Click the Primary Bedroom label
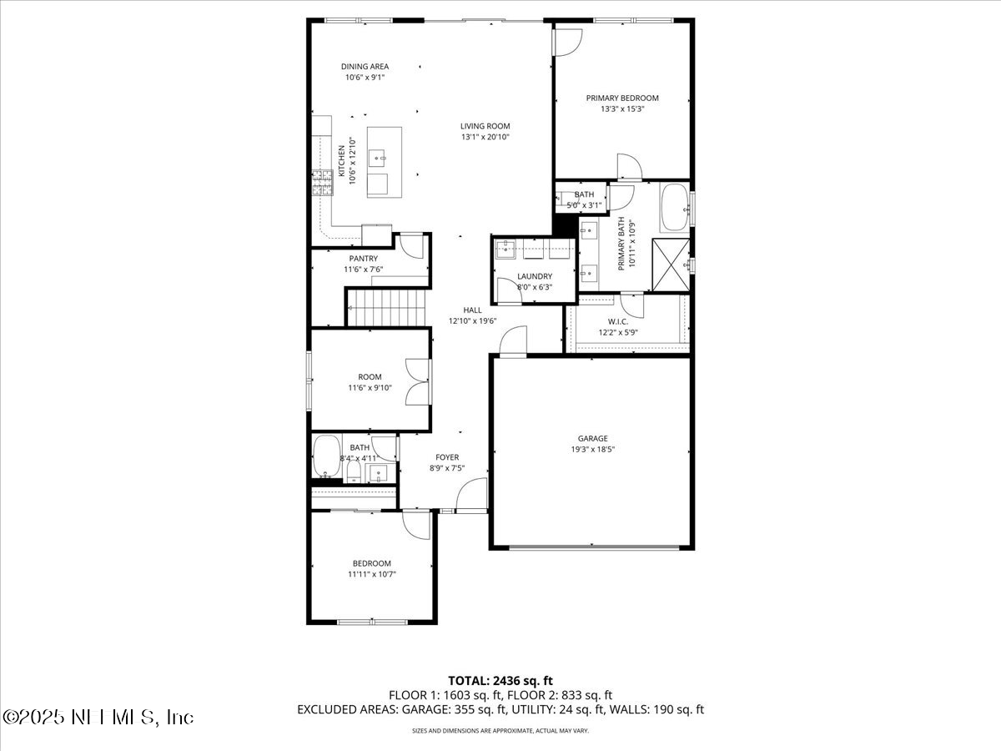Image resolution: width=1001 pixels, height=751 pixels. tap(622, 98)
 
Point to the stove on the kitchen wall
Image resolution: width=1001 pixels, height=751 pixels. tap(322, 182)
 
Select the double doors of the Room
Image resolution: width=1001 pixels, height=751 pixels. tap(417, 381)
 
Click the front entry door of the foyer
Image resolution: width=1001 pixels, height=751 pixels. tap(472, 498)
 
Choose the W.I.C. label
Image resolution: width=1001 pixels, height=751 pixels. tap(618, 321)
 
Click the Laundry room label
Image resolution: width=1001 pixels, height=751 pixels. tap(535, 276)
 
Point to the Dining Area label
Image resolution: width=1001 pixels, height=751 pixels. tap(365, 67)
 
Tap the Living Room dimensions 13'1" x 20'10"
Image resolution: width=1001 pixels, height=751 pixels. tap(485, 137)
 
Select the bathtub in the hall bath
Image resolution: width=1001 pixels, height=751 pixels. tap(326, 457)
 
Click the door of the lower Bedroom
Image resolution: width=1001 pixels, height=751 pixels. tap(415, 523)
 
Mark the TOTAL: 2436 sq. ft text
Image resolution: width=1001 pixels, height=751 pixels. tap(500, 680)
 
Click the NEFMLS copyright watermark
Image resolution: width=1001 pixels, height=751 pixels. tap(98, 717)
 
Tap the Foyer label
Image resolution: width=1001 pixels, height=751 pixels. tap(447, 457)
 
